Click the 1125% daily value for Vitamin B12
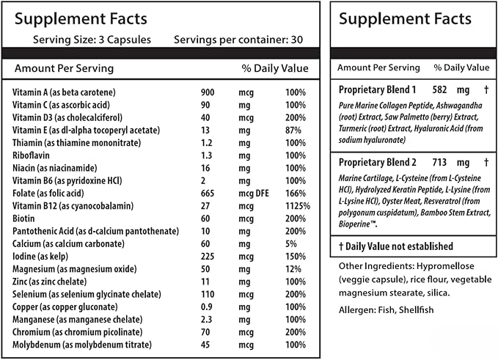[298, 206]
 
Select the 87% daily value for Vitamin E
[293, 131]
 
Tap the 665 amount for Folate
[208, 194]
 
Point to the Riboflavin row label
[31, 155]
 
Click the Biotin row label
[23, 218]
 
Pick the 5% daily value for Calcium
[291, 244]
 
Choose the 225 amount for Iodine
[208, 257]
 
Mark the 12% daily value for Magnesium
[293, 269]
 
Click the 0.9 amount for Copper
[206, 307]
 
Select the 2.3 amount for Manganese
[206, 320]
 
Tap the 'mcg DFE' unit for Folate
[254, 194]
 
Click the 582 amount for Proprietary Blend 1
[439, 90]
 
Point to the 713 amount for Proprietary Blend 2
[439, 163]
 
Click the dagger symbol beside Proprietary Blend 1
[486, 90]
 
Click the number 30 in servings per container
[297, 40]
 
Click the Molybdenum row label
[37, 345]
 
